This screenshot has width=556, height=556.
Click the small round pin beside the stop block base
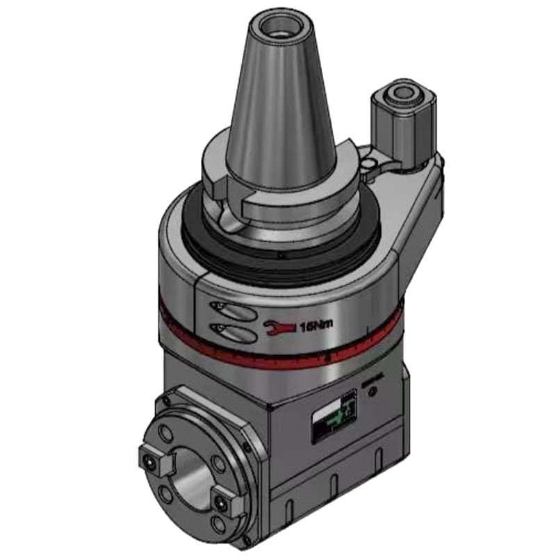click(x=368, y=163)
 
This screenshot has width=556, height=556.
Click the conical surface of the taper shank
click(x=278, y=104)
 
